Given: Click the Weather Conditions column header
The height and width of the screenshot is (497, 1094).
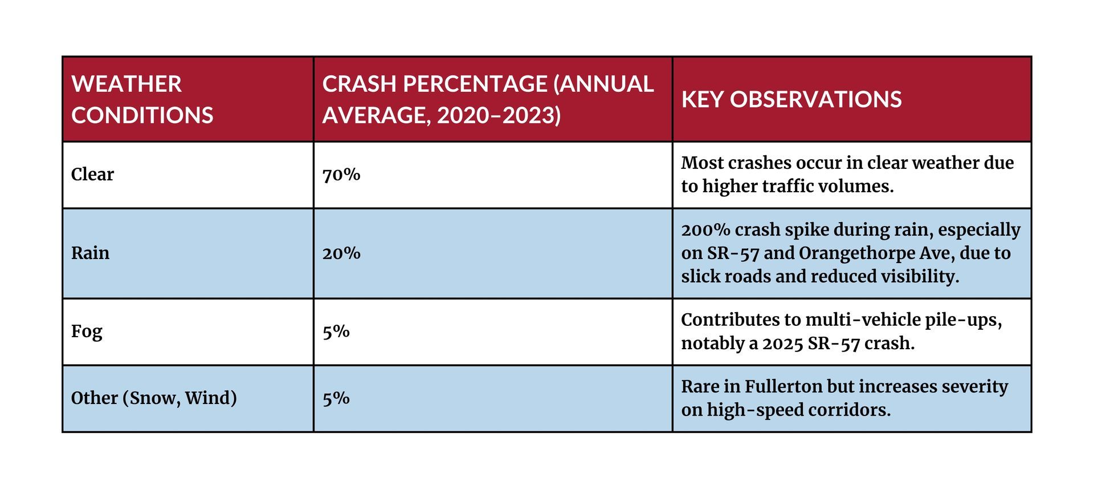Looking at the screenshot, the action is (142, 99).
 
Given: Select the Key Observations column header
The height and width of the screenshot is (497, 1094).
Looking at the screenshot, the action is (791, 99).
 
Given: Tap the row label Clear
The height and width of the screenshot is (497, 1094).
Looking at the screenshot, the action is (92, 174).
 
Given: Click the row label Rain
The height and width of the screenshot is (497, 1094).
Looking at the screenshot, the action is (90, 253).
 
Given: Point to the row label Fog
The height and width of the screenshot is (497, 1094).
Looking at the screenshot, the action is (87, 332).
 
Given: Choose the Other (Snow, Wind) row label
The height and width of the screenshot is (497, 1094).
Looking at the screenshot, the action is (154, 398).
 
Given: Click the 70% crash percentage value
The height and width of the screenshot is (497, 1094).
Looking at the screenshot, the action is (341, 175).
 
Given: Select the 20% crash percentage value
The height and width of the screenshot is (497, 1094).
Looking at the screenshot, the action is (341, 253).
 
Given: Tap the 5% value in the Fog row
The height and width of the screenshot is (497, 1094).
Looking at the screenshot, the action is (336, 332).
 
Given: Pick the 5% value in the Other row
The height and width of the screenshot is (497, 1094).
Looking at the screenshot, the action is (336, 398).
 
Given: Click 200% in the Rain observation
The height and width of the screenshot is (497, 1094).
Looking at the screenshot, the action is (705, 229).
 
